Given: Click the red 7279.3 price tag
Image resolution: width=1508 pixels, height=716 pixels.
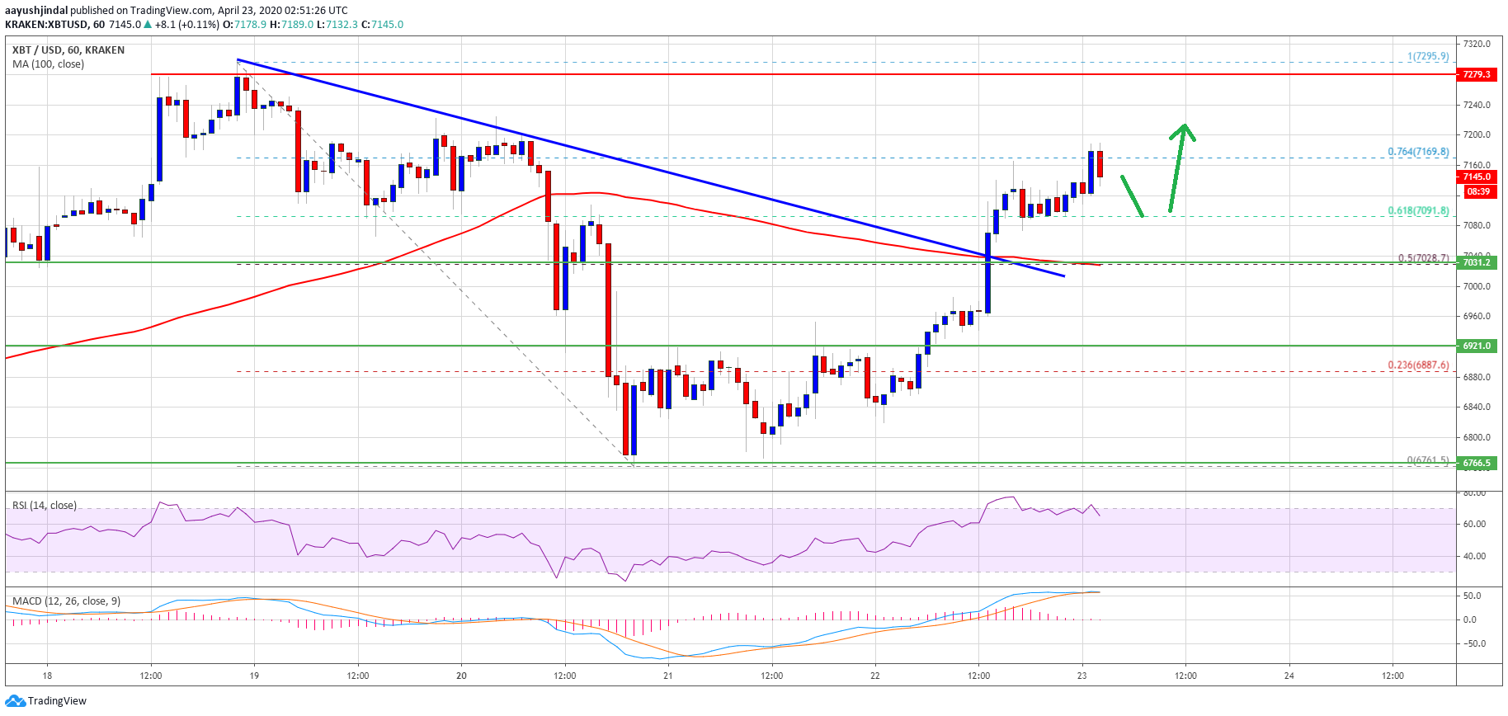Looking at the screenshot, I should tap(1477, 74).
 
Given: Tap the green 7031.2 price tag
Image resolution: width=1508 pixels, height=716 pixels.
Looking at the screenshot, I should tap(1477, 262).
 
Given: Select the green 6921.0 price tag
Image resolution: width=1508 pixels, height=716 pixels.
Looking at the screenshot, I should tap(1477, 346).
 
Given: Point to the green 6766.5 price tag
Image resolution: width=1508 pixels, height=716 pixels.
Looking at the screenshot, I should tap(1477, 463).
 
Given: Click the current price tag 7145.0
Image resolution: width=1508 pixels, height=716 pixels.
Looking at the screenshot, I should tap(1477, 177).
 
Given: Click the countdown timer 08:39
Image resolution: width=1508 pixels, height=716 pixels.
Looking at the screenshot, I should tap(1477, 191).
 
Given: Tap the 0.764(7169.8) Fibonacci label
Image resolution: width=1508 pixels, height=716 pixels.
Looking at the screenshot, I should tap(1418, 152).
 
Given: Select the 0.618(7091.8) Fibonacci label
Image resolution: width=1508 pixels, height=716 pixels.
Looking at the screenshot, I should tap(1418, 210).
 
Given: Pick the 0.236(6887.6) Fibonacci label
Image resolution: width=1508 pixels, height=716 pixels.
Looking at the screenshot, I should tap(1418, 365).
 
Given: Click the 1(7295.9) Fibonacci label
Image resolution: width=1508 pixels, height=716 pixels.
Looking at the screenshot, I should tap(1428, 56).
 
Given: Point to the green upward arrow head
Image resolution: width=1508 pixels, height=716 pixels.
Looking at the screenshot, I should tap(1184, 130).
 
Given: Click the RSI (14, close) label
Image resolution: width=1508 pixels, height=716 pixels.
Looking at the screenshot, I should tap(45, 505).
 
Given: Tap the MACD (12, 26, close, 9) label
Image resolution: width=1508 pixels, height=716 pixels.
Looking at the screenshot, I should tap(66, 601).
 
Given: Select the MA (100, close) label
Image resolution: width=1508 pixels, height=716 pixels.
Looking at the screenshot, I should tap(48, 64).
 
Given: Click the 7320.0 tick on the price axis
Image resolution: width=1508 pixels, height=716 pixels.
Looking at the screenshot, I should tap(1477, 44).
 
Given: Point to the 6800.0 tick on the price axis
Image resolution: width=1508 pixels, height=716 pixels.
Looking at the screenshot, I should tap(1477, 437).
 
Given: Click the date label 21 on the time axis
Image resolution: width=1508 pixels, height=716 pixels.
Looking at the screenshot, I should tap(668, 676).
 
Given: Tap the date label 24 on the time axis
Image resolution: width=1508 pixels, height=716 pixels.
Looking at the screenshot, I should tap(1289, 676).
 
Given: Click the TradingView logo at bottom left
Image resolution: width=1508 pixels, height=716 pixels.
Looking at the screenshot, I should tap(46, 701).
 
